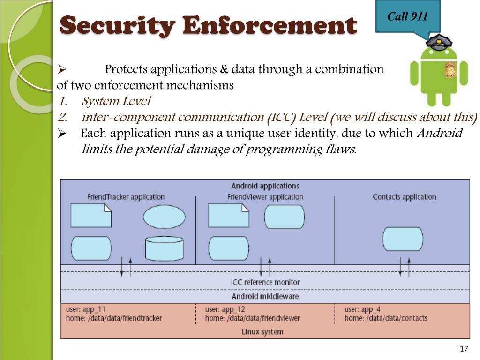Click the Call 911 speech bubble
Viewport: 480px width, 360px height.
pos(407,17)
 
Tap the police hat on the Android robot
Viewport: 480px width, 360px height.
pos(438,43)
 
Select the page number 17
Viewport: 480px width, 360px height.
pos(464,349)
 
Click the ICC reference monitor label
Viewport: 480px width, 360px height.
pos(265,282)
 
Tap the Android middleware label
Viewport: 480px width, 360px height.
pos(265,296)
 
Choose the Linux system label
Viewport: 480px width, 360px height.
pos(262,332)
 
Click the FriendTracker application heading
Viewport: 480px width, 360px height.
pos(126,197)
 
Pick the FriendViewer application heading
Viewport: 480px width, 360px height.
pos(265,197)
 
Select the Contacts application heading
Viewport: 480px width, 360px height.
pos(404,197)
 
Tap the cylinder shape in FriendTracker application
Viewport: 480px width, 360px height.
pos(164,248)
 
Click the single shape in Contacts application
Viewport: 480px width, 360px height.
pos(403,239)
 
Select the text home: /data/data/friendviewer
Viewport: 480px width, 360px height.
pos(252,318)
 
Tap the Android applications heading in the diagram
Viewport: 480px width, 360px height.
pos(265,186)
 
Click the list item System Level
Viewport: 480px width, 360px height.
pos(116,101)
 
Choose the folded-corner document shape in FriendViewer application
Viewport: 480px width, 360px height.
pos(228,216)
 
